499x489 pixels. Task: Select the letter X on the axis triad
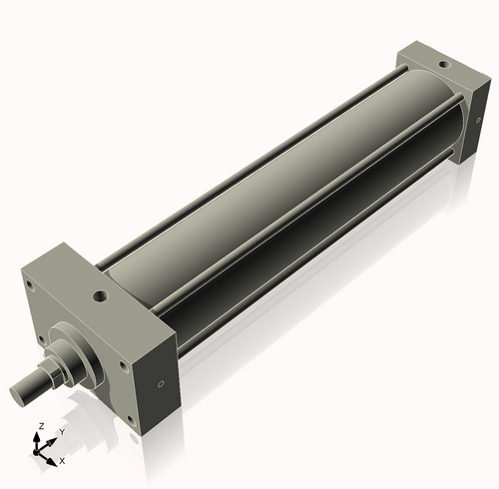[63, 461]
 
